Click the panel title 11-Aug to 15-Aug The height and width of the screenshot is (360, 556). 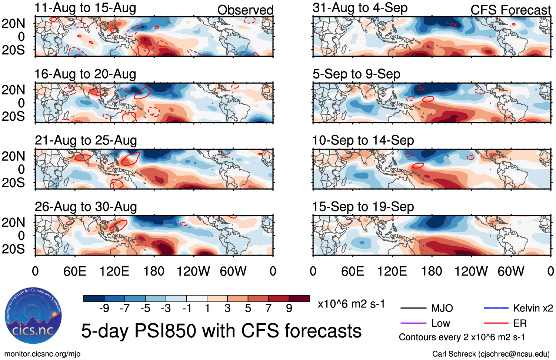[85, 8]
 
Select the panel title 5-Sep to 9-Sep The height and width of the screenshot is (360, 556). [356, 74]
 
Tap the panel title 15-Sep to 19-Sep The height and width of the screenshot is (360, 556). [363, 207]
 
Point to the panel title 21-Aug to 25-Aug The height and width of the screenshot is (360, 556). [86, 140]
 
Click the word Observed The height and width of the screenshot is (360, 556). [245, 10]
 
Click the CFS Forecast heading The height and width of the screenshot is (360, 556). [510, 10]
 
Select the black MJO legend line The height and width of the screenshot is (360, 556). [413, 308]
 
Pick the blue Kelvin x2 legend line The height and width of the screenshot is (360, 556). [496, 308]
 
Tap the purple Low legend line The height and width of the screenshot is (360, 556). [413, 323]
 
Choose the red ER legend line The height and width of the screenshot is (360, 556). [496, 323]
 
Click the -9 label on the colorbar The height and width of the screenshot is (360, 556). [104, 308]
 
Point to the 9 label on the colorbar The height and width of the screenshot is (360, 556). [289, 308]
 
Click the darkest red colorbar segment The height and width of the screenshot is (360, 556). [299, 299]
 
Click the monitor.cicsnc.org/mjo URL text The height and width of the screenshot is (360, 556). [42, 354]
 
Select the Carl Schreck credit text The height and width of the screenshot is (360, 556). [491, 354]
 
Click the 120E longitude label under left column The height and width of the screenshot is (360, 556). [114, 271]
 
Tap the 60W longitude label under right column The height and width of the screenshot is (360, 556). [510, 271]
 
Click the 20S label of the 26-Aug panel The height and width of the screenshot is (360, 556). [13, 249]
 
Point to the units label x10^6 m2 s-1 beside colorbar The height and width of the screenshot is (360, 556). [351, 304]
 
